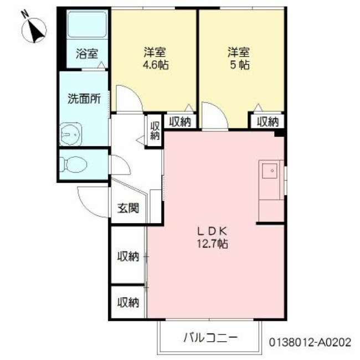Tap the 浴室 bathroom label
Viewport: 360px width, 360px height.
coord(86,54)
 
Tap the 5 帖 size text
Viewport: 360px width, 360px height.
coord(239,65)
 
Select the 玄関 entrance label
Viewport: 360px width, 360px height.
coord(128,209)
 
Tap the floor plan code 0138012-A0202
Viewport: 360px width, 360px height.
coord(310,343)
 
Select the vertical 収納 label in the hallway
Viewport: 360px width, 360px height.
coord(155,131)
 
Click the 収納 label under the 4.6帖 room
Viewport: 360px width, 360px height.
coord(180,122)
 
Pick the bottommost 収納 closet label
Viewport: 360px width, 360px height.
coord(128,302)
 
